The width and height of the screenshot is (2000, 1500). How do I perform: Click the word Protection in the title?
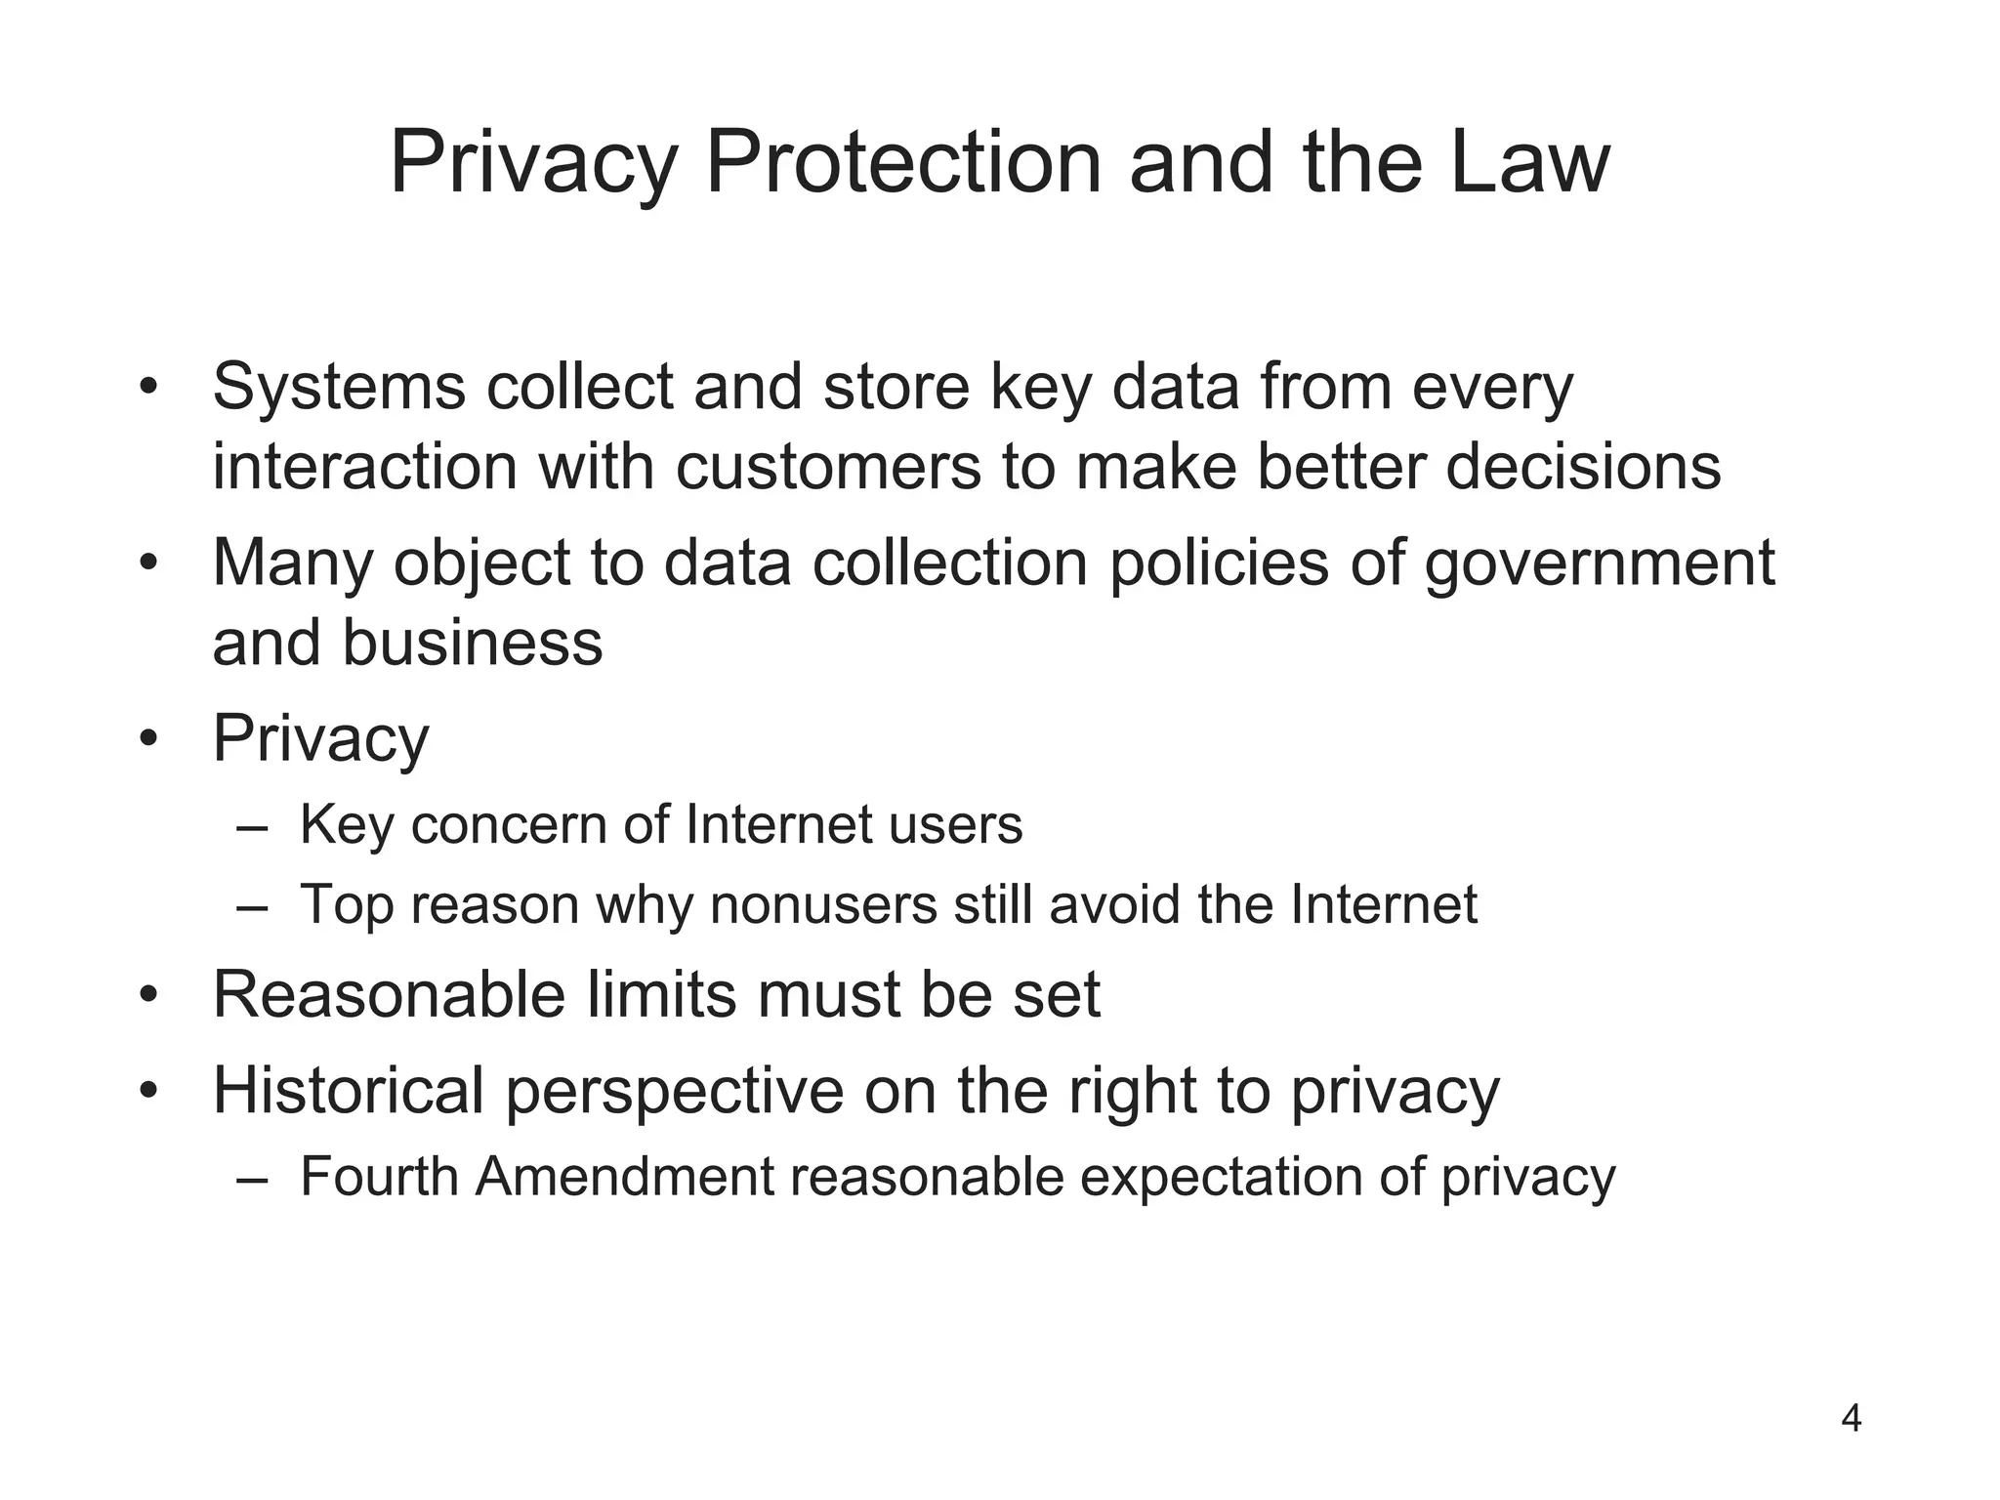[x=903, y=163]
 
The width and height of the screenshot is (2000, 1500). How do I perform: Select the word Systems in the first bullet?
[x=339, y=388]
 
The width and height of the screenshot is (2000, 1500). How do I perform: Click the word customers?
[x=827, y=467]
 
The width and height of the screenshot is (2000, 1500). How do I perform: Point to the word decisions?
[x=1583, y=467]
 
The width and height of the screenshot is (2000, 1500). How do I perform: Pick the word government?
[x=1599, y=564]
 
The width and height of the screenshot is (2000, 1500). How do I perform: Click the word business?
[x=472, y=644]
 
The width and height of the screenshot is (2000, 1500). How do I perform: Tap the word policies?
[x=1219, y=563]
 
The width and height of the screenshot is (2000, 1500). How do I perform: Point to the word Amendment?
[x=624, y=1176]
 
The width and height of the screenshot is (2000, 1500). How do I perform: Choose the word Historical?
[x=349, y=1090]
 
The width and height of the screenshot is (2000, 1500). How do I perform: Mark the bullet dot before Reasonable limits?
[x=147, y=996]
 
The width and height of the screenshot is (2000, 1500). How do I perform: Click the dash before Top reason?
[x=251, y=905]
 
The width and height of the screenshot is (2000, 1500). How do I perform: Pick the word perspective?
[x=675, y=1092]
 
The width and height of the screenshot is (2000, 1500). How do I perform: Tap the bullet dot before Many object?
[x=147, y=563]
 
